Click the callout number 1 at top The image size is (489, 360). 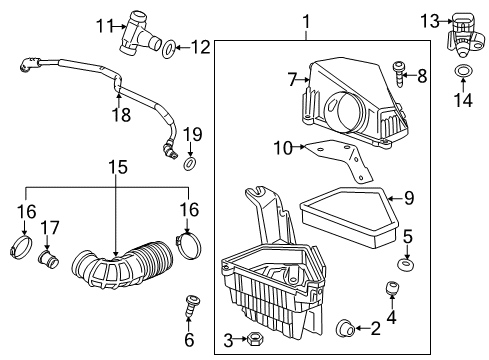[x=306, y=20]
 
